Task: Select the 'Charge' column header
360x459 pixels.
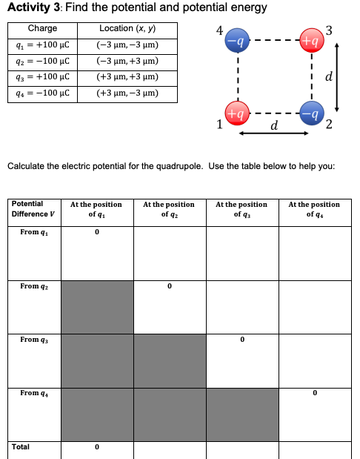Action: pyautogui.click(x=42, y=29)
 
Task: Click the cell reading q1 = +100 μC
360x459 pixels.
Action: pyautogui.click(x=42, y=44)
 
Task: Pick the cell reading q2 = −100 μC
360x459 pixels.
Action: pyautogui.click(x=42, y=61)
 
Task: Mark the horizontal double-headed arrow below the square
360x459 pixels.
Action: pyautogui.click(x=273, y=134)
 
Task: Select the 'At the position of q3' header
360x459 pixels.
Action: pyautogui.click(x=241, y=209)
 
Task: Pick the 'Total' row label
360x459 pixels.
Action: pyautogui.click(x=21, y=447)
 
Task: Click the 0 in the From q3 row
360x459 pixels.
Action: pyautogui.click(x=241, y=340)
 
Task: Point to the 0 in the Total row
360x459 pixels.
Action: pyautogui.click(x=96, y=447)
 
